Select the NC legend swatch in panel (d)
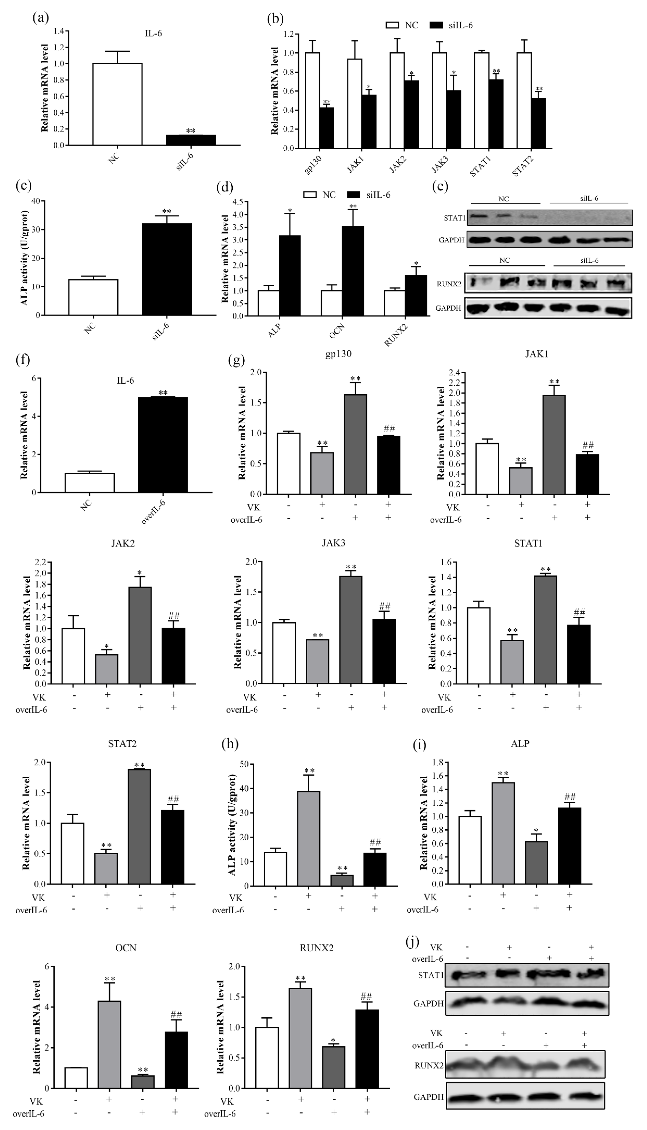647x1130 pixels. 310,195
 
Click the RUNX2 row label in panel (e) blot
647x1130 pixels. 449,284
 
